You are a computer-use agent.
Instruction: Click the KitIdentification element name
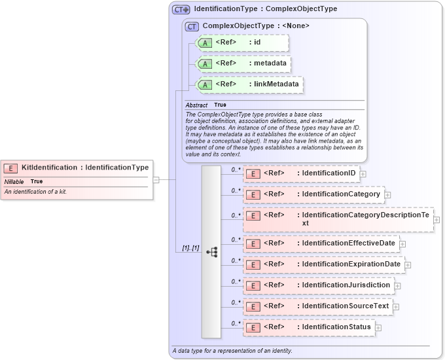[x=49, y=168]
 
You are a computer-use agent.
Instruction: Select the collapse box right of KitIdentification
[x=156, y=179]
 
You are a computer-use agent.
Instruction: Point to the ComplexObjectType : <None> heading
[x=256, y=26]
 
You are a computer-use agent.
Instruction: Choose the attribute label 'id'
[x=257, y=43]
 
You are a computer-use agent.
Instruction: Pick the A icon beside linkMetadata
[x=205, y=84]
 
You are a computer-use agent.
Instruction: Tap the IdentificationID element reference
[x=329, y=173]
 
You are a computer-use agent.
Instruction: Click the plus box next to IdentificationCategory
[x=387, y=194]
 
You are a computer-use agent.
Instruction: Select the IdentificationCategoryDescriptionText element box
[x=338, y=219]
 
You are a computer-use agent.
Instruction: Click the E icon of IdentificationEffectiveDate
[x=253, y=243]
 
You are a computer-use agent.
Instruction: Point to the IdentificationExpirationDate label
[x=351, y=264]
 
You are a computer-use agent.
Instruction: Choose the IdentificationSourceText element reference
[x=345, y=306]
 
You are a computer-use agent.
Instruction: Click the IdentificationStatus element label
[x=336, y=327]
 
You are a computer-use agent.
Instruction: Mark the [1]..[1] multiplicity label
[x=190, y=248]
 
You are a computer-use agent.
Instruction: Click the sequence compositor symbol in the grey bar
[x=211, y=251]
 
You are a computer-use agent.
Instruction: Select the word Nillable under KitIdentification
[x=14, y=181]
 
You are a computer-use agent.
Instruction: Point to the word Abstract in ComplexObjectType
[x=196, y=105]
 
